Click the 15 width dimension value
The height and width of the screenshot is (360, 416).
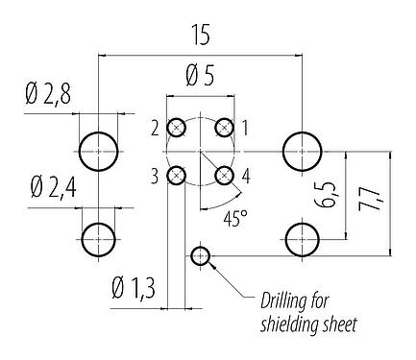click(x=201, y=35)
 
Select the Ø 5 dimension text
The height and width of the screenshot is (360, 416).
click(x=200, y=74)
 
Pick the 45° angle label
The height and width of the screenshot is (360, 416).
click(x=234, y=218)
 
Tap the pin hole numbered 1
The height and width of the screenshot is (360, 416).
click(x=224, y=128)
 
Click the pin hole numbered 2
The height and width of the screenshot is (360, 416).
click(x=177, y=128)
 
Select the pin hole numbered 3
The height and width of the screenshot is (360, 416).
click(x=177, y=175)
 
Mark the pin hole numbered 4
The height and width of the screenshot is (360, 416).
click(x=224, y=175)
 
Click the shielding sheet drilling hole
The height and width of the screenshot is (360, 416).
click(x=200, y=255)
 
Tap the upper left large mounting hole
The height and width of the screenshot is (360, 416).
click(x=99, y=151)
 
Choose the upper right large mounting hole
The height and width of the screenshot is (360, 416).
click(x=302, y=151)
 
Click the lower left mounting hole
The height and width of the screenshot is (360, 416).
click(x=99, y=237)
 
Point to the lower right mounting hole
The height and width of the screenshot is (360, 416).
click(x=302, y=237)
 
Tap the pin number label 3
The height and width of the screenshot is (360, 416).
click(x=153, y=175)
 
